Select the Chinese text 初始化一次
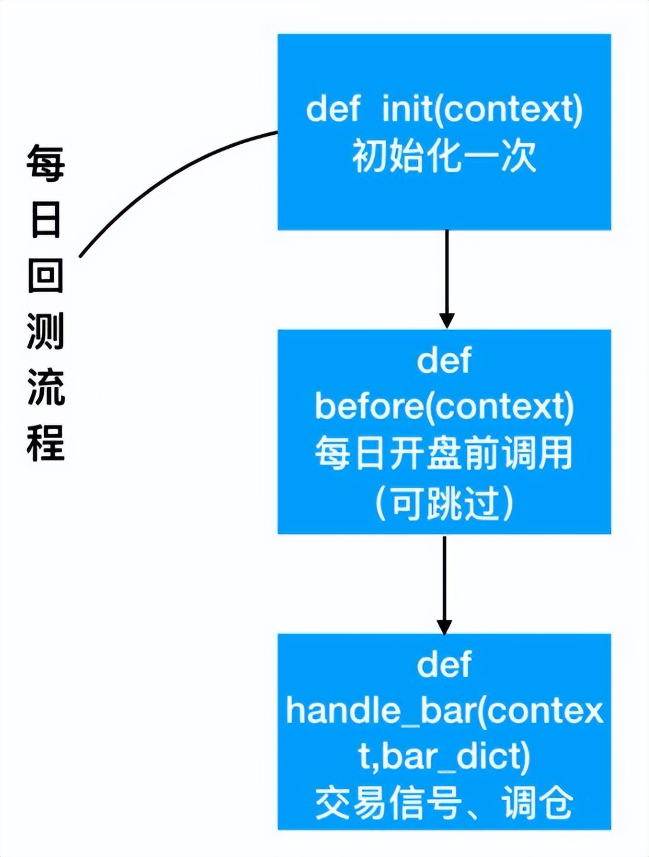[x=444, y=156]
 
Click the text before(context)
[x=444, y=406]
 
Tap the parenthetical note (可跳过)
[x=444, y=504]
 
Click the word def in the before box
[x=444, y=360]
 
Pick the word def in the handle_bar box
[x=444, y=664]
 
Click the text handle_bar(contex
[x=444, y=710]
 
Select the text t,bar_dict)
[x=444, y=756]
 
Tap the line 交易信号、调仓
[x=444, y=802]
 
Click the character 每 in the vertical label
[x=46, y=163]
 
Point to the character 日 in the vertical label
[x=46, y=219]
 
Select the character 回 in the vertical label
[x=46, y=275]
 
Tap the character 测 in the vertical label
[x=46, y=331]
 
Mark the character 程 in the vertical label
[x=46, y=442]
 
